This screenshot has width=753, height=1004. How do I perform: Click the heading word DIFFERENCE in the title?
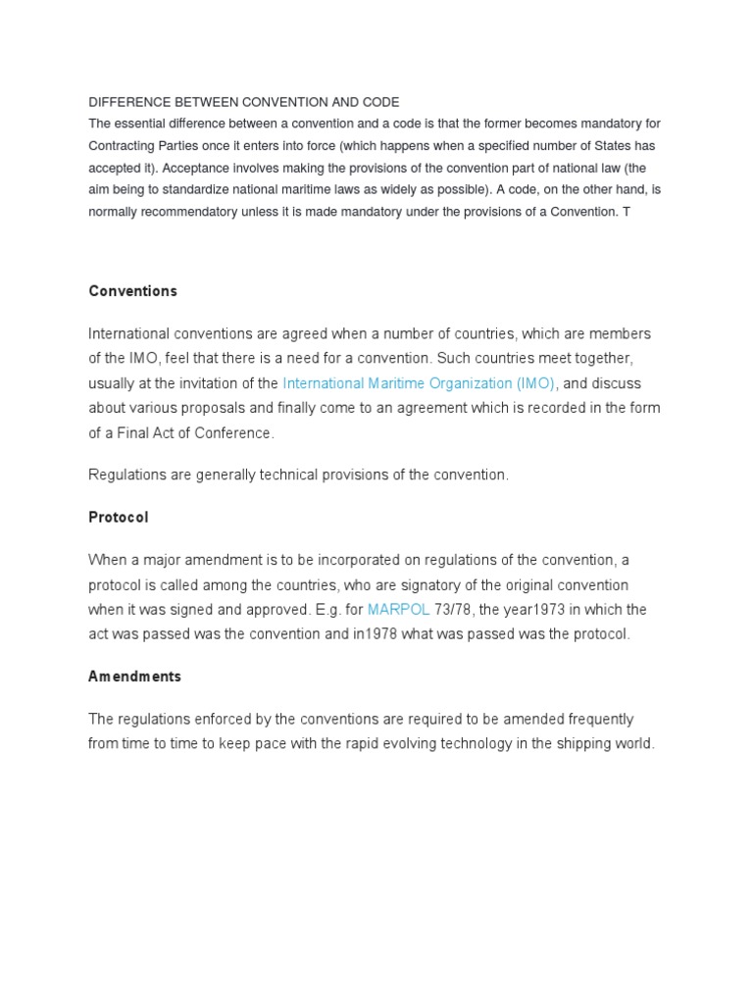tap(127, 102)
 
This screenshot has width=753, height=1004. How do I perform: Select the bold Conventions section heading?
tap(132, 291)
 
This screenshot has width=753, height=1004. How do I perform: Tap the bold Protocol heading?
tap(119, 517)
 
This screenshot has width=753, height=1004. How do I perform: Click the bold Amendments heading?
tap(134, 677)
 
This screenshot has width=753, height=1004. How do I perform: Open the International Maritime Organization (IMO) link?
tap(419, 383)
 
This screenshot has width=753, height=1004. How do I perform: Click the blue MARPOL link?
tap(398, 610)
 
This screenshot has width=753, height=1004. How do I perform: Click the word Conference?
tap(236, 432)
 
